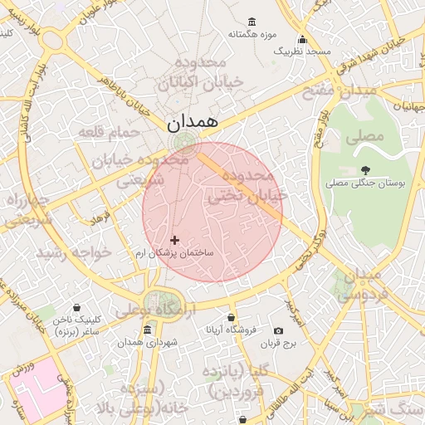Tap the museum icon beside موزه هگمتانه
coord(252,22)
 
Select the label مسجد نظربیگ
coord(302,51)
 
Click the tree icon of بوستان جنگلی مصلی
coord(365,170)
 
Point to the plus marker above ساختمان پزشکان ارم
coord(174,240)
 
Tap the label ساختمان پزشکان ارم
coord(174,252)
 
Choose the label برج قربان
coord(278,343)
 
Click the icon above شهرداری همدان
coord(147,330)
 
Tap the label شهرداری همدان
coord(146,342)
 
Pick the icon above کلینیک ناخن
coord(77,307)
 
